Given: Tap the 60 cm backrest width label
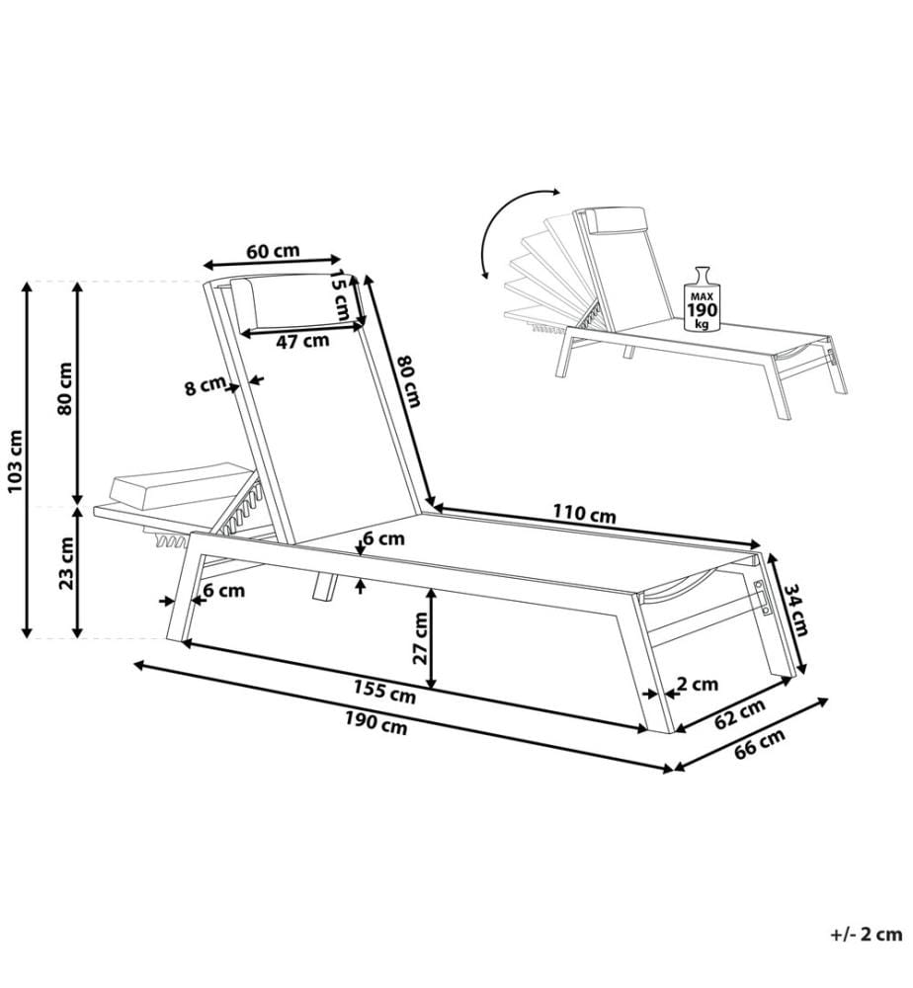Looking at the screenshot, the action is coord(272,251).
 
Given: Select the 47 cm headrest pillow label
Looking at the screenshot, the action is coord(302,342).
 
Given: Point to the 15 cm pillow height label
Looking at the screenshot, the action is coord(341,294).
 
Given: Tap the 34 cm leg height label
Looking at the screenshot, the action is coord(795,609).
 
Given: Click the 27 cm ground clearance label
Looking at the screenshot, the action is coord(420,637).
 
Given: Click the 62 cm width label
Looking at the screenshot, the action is coord(740,712).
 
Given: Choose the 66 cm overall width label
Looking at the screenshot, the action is coord(760,744).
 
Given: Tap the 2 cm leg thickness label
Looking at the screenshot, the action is coord(698,684).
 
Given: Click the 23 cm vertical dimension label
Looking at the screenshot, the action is coord(66,563).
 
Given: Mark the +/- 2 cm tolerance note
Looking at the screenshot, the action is coord(866,934).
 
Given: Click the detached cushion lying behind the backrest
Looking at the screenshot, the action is coord(182,485).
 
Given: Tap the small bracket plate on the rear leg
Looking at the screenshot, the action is coord(763,597).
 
